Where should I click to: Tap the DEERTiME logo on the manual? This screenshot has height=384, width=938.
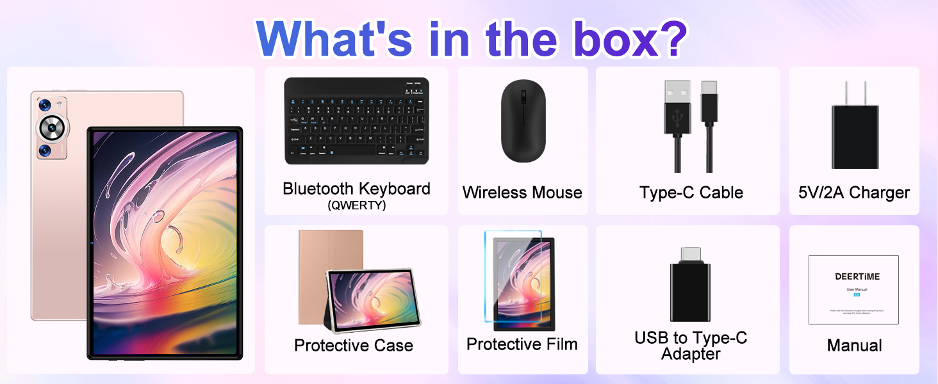coord(857,276)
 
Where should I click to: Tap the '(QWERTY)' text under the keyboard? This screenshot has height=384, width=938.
coord(356,206)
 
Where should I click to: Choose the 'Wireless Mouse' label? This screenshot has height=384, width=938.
coord(522,193)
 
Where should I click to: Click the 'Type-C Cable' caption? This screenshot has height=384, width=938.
coord(691,193)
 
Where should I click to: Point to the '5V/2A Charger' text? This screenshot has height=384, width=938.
coord(854,193)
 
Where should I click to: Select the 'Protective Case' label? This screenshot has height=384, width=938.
coord(353,346)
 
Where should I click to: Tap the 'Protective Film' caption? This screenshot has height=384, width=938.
coord(522,344)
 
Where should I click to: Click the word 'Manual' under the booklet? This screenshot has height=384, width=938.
coord(854,346)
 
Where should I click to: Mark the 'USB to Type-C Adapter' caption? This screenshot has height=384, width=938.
coord(691,346)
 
